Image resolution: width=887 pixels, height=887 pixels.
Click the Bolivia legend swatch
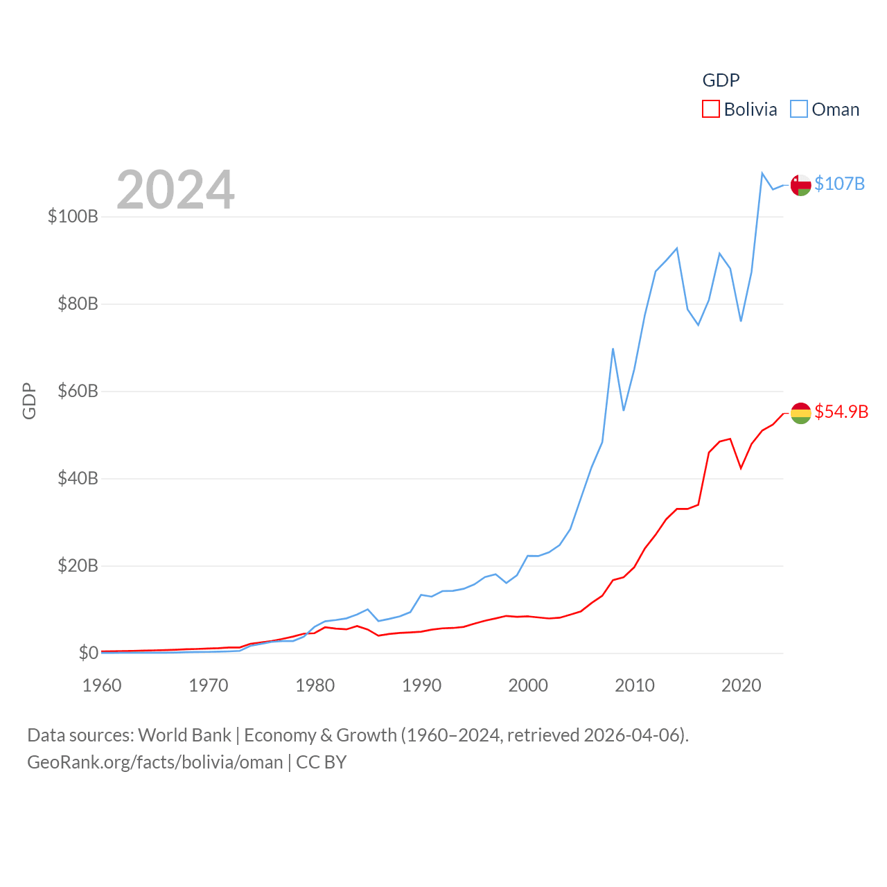pyautogui.click(x=711, y=109)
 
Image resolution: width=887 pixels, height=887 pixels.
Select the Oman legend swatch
pyautogui.click(x=799, y=109)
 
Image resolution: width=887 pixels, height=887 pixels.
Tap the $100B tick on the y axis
pyautogui.click(x=73, y=216)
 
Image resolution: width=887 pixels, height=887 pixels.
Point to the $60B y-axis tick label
pyautogui.click(x=78, y=391)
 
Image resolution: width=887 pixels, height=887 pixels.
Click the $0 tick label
pyautogui.click(x=89, y=653)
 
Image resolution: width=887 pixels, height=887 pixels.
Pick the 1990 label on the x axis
pyautogui.click(x=421, y=685)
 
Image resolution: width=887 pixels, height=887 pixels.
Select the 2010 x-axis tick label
pyautogui.click(x=635, y=685)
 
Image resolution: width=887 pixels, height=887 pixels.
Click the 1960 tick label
pyautogui.click(x=102, y=685)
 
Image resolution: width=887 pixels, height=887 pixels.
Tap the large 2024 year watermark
pyautogui.click(x=175, y=190)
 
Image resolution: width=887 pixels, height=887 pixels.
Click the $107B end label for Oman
pyautogui.click(x=839, y=184)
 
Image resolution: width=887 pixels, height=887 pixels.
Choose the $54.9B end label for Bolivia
pyautogui.click(x=841, y=412)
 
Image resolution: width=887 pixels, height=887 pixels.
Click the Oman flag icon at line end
pyautogui.click(x=800, y=185)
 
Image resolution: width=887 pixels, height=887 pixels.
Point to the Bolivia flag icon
pyautogui.click(x=800, y=413)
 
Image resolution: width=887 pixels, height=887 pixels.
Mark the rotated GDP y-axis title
pyautogui.click(x=29, y=401)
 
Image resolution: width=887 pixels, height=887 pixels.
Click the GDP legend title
pyautogui.click(x=721, y=80)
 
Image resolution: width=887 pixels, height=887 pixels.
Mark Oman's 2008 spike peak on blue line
pyautogui.click(x=613, y=349)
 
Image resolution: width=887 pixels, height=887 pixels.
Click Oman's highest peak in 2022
pyautogui.click(x=762, y=173)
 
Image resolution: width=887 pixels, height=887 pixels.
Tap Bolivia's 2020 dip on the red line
pyautogui.click(x=741, y=468)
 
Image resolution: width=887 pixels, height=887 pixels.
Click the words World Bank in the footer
pyautogui.click(x=184, y=735)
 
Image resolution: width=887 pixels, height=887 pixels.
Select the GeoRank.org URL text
pyautogui.click(x=155, y=762)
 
